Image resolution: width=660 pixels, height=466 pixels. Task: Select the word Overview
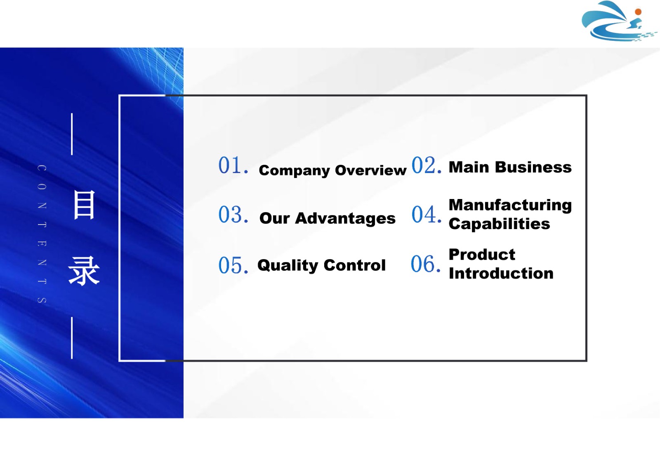point(371,170)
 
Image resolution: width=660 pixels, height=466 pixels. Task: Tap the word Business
point(533,167)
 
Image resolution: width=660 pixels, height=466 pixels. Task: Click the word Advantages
point(345,218)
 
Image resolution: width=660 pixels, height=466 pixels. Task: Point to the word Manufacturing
point(510,205)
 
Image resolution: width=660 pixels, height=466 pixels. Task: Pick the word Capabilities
point(500,224)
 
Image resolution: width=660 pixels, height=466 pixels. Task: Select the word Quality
point(288,265)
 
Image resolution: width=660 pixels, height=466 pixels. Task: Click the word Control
point(355,265)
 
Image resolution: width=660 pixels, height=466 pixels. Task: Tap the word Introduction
point(501,273)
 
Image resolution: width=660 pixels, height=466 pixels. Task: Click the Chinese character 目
point(84,205)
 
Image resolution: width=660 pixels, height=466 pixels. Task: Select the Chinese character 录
point(84,271)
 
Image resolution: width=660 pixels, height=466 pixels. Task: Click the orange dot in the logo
point(638,12)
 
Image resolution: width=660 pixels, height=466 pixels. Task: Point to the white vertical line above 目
point(72,134)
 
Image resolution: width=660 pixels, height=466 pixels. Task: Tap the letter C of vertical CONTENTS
point(42,168)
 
